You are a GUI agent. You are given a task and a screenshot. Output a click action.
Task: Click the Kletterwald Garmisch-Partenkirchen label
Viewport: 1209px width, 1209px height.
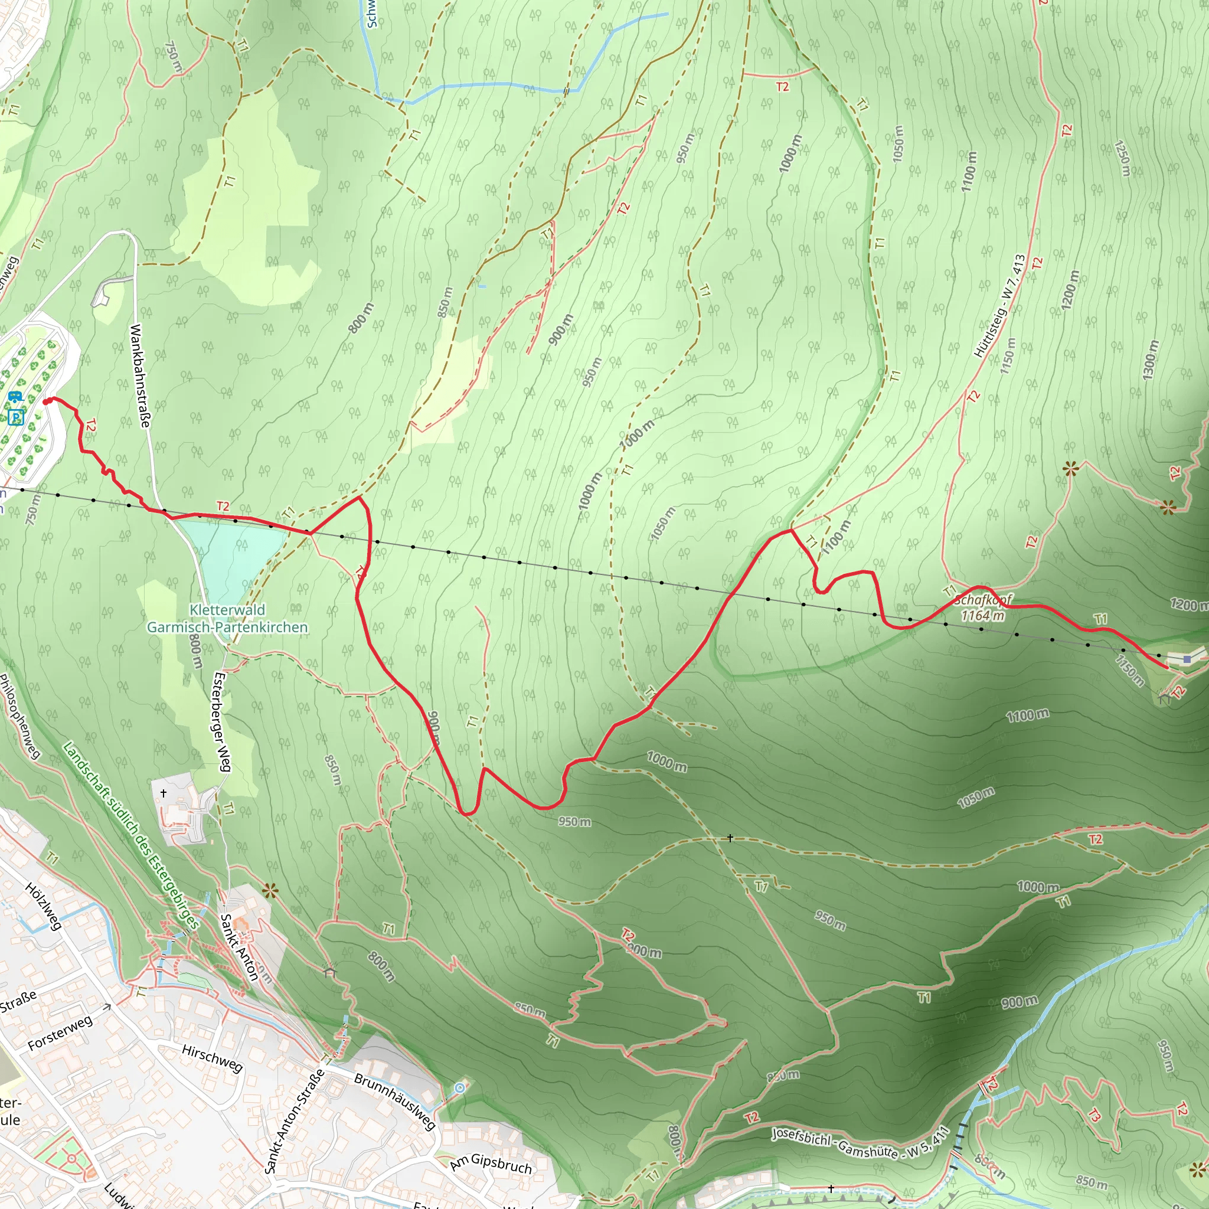[x=227, y=618]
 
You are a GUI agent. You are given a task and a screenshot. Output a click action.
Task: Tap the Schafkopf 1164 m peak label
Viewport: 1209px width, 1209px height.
[x=982, y=607]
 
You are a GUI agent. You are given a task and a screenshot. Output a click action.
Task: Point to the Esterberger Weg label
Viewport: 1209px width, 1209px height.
[x=222, y=722]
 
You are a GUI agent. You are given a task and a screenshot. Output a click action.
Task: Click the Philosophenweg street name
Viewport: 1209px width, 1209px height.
[x=20, y=716]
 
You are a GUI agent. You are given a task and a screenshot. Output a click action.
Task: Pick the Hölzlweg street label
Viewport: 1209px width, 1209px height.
[x=43, y=906]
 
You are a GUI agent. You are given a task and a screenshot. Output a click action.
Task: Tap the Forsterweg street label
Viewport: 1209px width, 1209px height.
[x=60, y=1033]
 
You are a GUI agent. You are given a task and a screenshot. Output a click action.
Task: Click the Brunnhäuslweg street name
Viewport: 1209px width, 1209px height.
[x=395, y=1102]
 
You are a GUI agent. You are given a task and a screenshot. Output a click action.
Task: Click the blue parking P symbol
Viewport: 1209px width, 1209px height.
[x=16, y=417]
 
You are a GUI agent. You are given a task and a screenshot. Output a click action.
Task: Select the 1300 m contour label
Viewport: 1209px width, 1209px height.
[x=1151, y=360]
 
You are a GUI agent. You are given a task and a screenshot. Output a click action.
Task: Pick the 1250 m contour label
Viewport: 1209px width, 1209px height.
[x=1123, y=158]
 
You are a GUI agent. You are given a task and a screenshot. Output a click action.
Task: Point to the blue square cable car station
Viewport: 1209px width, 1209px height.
[x=1187, y=659]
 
